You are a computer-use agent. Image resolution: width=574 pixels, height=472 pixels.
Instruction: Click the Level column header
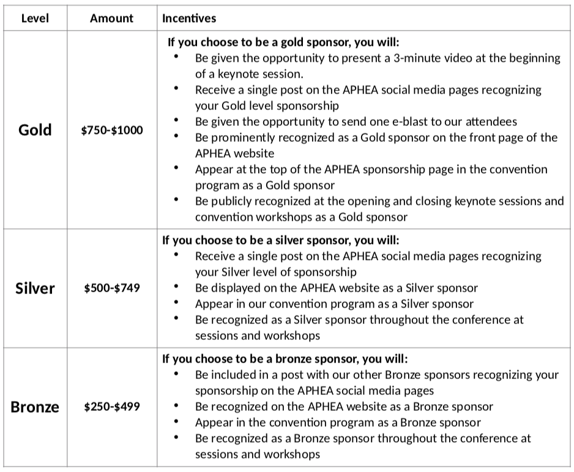coord(35,18)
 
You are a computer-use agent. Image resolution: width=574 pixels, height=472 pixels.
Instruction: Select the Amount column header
coord(111,18)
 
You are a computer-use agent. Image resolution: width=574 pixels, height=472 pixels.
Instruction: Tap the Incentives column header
coord(188,18)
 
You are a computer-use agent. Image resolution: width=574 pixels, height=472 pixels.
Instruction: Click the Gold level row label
coord(35,130)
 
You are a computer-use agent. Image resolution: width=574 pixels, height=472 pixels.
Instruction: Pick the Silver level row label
coord(35,287)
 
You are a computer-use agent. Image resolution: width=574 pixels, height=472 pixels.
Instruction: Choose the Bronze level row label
coord(35,407)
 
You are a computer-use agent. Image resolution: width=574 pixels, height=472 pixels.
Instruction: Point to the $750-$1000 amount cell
coord(112,130)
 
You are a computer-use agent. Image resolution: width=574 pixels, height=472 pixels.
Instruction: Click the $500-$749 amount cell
coord(112,287)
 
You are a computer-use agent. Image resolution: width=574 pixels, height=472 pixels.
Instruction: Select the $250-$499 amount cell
coord(112,407)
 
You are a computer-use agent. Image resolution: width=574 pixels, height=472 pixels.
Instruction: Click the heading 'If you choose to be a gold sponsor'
coord(283,43)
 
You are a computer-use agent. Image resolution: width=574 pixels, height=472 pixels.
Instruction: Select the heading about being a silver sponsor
coord(280,241)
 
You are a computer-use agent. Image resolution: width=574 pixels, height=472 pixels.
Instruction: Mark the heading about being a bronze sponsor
coord(285,359)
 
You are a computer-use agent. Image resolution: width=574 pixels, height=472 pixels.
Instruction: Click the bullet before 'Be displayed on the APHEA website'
coord(176,286)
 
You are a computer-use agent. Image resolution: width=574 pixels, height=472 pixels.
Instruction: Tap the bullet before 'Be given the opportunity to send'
coord(176,120)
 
